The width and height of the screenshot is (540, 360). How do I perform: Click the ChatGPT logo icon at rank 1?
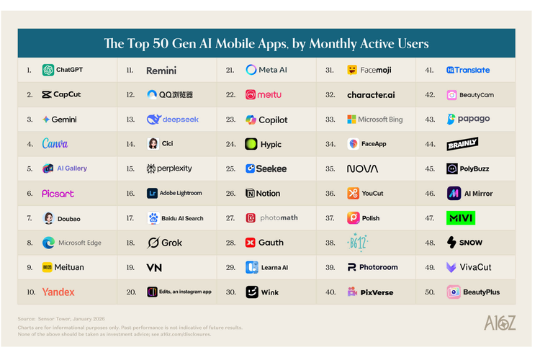(x=48, y=70)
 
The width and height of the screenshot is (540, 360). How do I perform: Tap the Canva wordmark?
(x=55, y=144)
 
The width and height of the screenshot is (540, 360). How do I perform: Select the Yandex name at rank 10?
(x=58, y=292)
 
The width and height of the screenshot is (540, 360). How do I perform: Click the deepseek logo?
(x=173, y=120)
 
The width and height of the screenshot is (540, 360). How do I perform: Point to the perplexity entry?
(x=169, y=168)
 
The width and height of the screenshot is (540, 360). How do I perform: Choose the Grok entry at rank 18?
(x=165, y=243)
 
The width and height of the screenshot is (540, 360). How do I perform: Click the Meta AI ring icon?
(x=251, y=70)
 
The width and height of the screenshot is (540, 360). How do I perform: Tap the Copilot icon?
(x=251, y=120)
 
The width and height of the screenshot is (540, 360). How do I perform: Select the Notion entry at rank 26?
(x=263, y=194)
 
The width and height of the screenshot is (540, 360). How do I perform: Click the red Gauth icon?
(x=251, y=243)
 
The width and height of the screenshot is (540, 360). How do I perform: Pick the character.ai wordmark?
(x=371, y=95)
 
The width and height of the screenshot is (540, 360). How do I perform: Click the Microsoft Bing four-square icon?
(x=352, y=120)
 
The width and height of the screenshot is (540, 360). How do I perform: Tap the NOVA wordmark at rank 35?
(x=362, y=168)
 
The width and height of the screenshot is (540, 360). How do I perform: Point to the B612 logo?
(x=358, y=242)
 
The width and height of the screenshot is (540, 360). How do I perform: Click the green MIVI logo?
(x=461, y=218)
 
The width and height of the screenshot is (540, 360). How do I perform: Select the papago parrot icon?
(x=451, y=120)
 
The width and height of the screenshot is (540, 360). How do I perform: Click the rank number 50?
(x=429, y=292)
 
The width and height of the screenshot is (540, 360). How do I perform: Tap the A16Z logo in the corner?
(x=500, y=323)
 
